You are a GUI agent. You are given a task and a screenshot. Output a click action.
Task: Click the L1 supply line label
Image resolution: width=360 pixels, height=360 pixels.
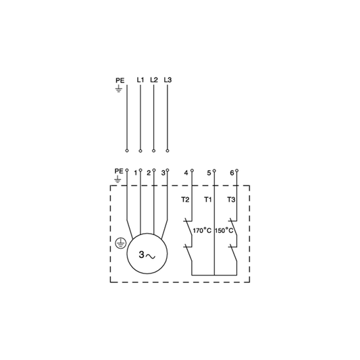[140, 80]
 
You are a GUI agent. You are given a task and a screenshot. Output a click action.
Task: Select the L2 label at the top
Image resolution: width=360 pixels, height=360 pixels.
[154, 80]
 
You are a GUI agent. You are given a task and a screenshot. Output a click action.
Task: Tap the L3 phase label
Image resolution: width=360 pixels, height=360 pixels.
[168, 80]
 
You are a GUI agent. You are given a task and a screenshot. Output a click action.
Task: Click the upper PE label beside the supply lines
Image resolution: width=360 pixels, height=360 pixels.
[120, 80]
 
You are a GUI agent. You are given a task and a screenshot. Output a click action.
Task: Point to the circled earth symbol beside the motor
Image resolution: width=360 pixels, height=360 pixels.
[120, 243]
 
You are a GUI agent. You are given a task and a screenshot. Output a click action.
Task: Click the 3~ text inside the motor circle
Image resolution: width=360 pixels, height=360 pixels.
[147, 255]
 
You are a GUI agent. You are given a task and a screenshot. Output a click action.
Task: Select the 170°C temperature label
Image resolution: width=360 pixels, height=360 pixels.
[202, 230]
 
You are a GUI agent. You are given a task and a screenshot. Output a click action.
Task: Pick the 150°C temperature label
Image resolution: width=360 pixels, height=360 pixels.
[224, 230]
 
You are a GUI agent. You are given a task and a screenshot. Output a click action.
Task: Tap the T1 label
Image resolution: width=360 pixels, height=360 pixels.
[208, 200]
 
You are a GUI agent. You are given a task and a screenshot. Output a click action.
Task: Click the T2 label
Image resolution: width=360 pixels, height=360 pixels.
[185, 200]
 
